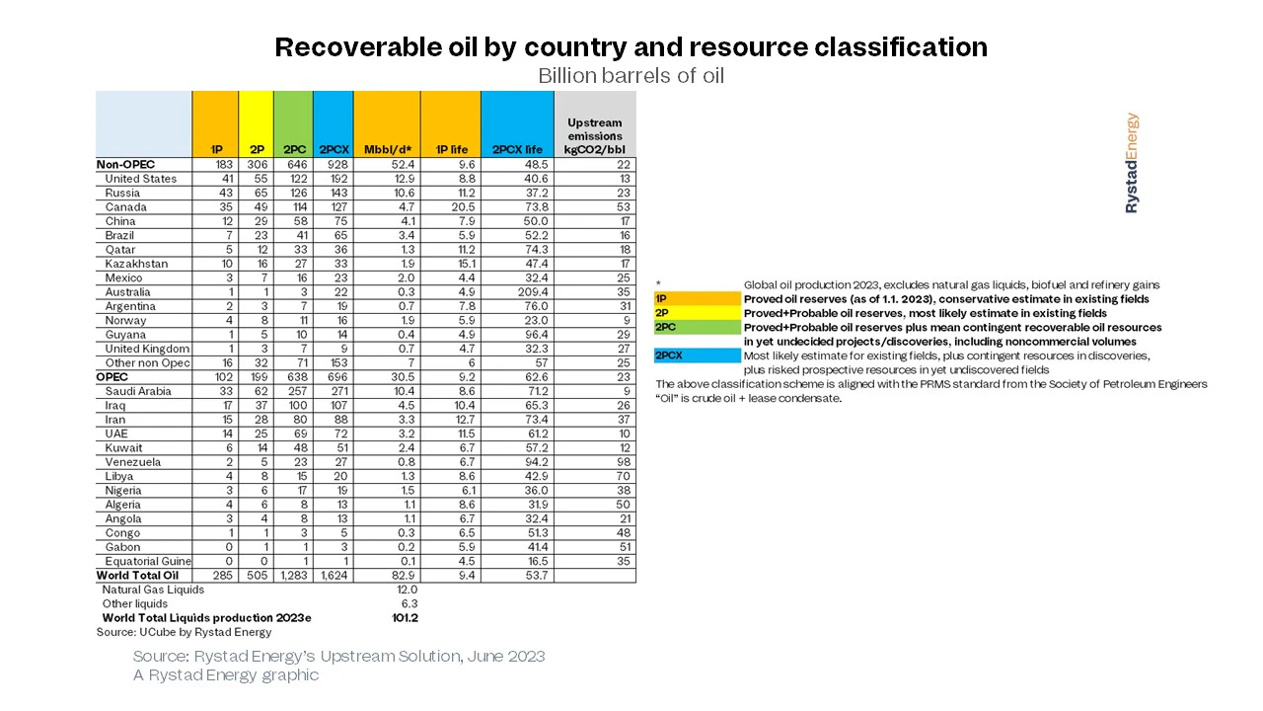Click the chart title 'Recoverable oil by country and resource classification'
coord(631,46)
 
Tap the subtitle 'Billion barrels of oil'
coord(631,76)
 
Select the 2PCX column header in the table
coord(334,149)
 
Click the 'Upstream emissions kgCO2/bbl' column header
coord(595,136)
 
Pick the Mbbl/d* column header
coord(388,149)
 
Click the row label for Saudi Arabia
coord(138,391)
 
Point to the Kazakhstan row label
coord(136,264)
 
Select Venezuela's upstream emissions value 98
coord(623,461)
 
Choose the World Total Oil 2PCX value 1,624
coord(334,576)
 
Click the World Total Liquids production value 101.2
coord(405,618)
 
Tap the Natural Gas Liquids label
coord(153,590)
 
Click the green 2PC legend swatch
coord(698,327)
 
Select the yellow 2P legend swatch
coord(698,313)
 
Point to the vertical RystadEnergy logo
coord(1132,163)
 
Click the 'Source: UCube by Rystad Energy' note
coord(184,632)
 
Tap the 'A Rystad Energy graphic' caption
coord(226,674)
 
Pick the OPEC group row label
coord(112,377)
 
